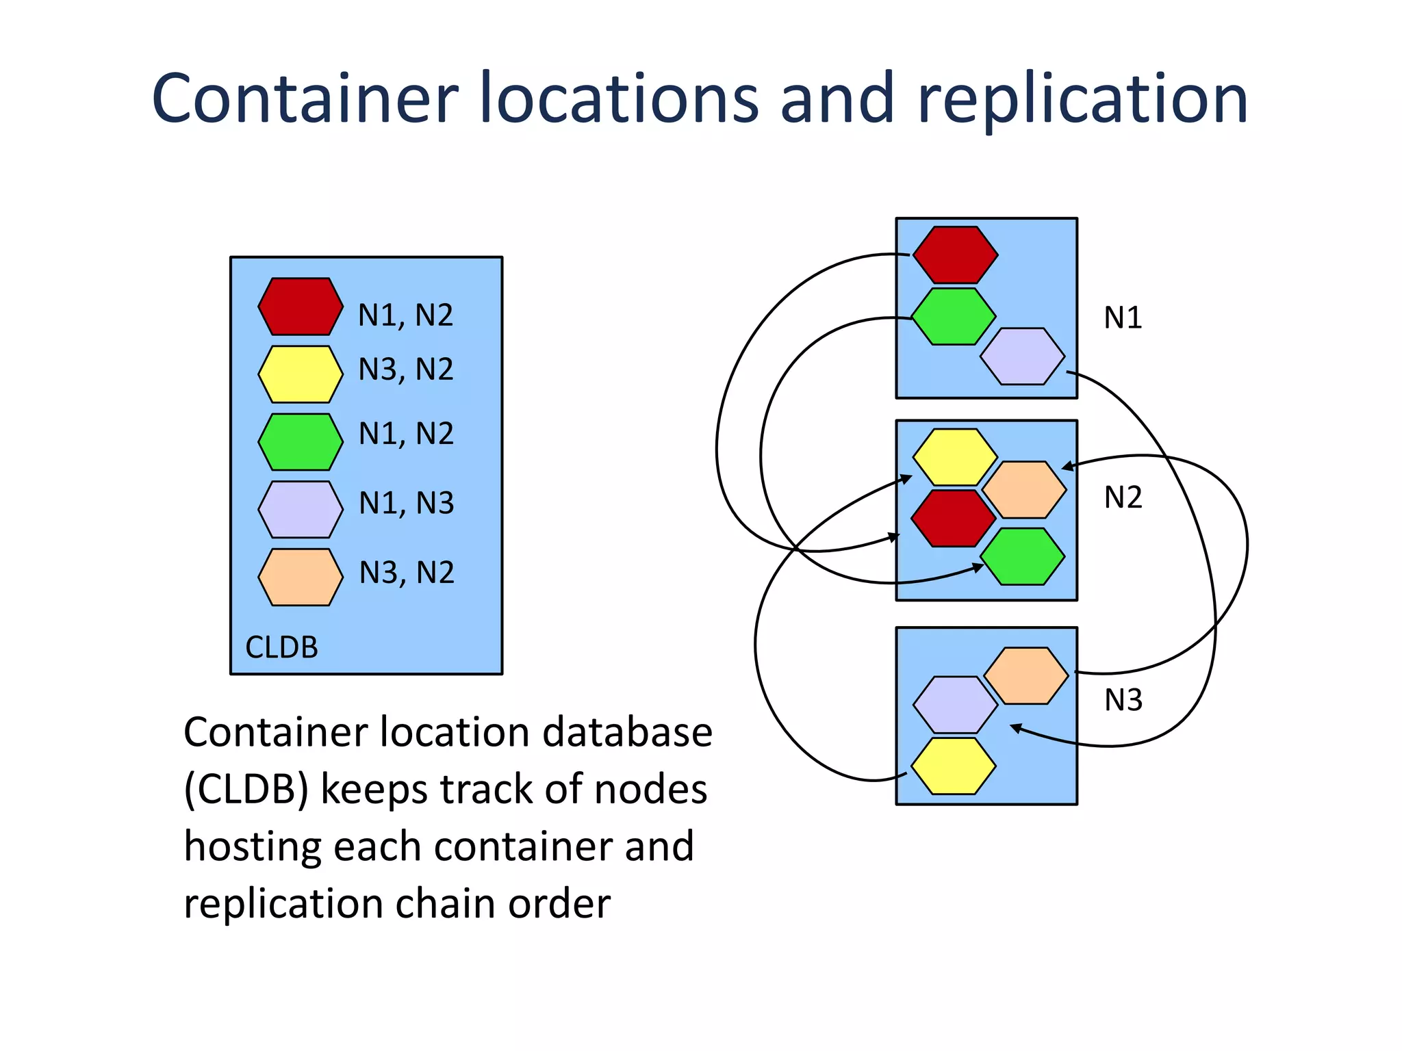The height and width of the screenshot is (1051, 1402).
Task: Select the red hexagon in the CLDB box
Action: [x=301, y=306]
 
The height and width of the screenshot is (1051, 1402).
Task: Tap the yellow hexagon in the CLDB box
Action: [x=301, y=374]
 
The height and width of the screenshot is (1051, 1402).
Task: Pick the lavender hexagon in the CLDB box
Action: [x=301, y=509]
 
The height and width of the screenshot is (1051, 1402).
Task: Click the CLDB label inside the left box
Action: [x=281, y=647]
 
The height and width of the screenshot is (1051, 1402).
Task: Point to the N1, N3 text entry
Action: [x=407, y=504]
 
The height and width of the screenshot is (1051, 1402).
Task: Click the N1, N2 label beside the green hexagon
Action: [x=407, y=434]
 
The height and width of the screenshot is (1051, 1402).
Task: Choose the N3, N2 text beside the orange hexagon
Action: [x=407, y=573]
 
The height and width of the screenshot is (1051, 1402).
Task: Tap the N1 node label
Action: [x=1123, y=318]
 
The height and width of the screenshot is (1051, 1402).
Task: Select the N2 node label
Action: [x=1123, y=497]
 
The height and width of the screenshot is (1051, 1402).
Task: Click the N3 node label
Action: [x=1123, y=700]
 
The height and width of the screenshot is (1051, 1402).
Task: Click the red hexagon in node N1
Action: [x=955, y=255]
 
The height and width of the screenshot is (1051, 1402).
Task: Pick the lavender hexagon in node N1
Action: [x=1022, y=356]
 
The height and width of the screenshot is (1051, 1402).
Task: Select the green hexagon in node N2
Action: [x=1022, y=556]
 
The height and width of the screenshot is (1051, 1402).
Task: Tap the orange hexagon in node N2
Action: [x=1024, y=489]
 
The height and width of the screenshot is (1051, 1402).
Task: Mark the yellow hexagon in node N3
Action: [x=954, y=765]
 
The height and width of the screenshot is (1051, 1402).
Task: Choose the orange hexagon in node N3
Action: [x=1025, y=675]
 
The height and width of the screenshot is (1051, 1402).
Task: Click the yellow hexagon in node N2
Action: [x=955, y=457]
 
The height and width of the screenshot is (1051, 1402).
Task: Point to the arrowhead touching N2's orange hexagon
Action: [x=1065, y=467]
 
